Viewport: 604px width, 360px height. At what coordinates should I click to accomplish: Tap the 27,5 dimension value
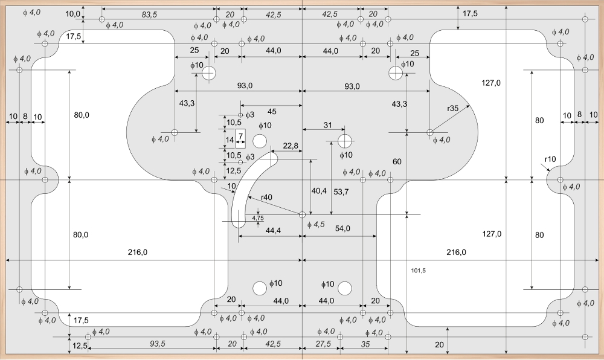pyautogui.click(x=324, y=344)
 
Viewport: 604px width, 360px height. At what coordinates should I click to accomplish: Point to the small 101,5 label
pyautogui.click(x=417, y=271)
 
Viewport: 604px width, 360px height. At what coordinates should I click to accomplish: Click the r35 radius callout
pyautogui.click(x=454, y=109)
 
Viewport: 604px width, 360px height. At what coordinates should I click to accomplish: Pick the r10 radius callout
pyautogui.click(x=550, y=159)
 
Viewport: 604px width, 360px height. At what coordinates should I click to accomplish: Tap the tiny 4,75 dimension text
pyautogui.click(x=257, y=217)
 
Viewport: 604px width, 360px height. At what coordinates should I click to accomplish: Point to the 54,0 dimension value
pyautogui.click(x=342, y=228)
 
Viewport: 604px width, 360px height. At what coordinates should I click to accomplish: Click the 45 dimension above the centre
pyautogui.click(x=272, y=111)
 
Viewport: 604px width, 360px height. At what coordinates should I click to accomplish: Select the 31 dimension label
pyautogui.click(x=327, y=125)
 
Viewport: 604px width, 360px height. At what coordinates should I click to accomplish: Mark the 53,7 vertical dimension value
pyautogui.click(x=341, y=192)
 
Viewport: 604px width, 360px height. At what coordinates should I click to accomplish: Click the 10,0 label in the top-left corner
pyautogui.click(x=72, y=13)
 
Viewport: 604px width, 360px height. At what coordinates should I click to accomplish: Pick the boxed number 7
pyautogui.click(x=240, y=135)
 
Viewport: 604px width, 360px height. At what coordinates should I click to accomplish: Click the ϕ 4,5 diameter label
pyautogui.click(x=316, y=225)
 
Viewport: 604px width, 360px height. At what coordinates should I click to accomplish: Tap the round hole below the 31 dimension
pyautogui.click(x=345, y=141)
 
